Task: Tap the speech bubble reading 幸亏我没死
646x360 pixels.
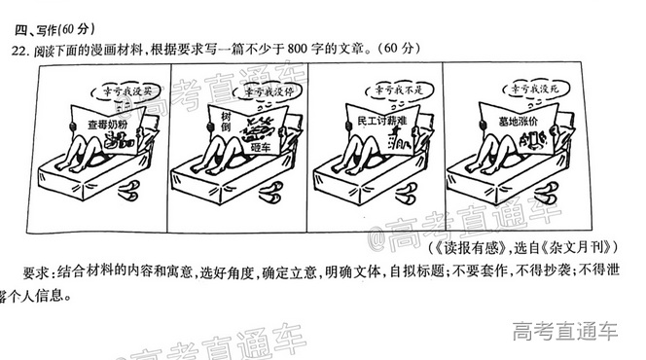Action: (529, 90)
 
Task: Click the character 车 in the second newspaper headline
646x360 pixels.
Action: (259, 149)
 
